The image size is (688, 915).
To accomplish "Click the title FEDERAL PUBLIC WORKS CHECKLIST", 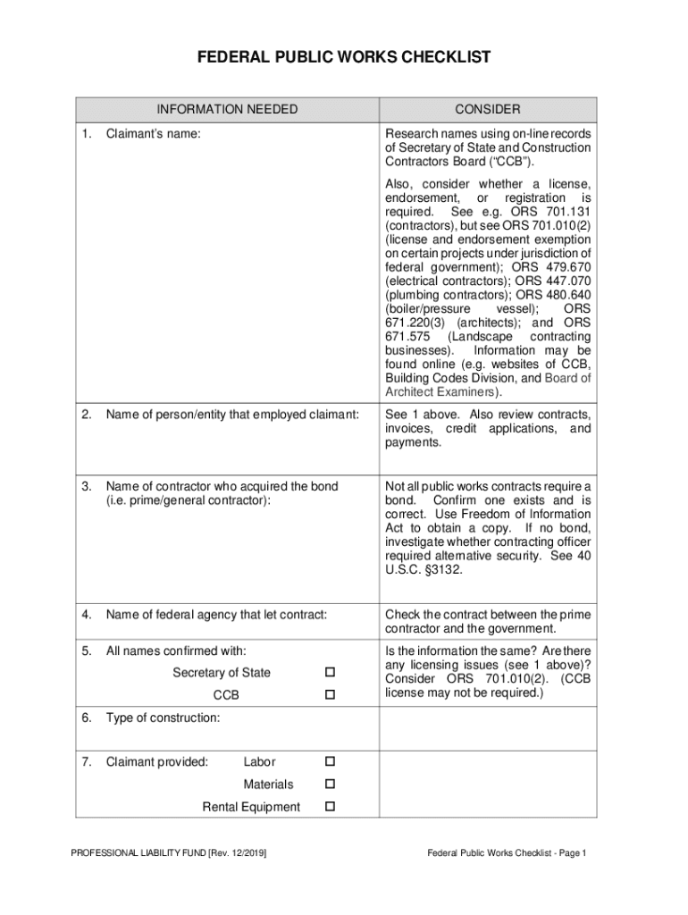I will (344, 58).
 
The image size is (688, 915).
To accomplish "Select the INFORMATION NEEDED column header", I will (227, 109).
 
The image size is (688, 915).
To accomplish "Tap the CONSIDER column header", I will (487, 109).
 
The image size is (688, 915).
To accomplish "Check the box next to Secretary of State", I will (329, 672).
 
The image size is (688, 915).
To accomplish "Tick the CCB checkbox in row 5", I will (329, 694).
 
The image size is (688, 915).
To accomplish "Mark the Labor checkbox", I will (329, 761).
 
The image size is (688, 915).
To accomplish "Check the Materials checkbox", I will (329, 784).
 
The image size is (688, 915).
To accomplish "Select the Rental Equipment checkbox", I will (329, 807).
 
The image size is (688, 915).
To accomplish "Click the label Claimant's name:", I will (153, 134).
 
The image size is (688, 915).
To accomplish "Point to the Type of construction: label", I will (163, 718).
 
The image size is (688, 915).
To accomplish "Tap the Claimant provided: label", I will (157, 762).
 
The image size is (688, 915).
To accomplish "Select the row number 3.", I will (87, 486).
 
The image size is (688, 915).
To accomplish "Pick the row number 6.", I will (87, 718).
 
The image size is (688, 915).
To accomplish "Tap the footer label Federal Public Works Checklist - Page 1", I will (506, 853).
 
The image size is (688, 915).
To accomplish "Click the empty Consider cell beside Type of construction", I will (487, 728).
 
